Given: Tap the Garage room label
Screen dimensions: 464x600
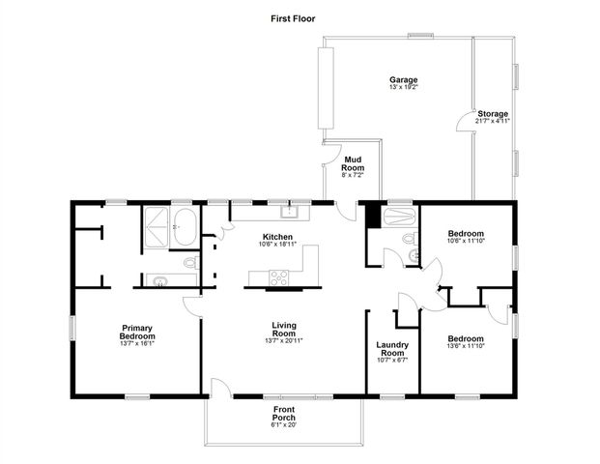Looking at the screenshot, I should [403, 79].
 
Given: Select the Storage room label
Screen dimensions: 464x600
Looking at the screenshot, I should [492, 114].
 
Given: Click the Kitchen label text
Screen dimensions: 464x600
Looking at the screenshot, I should [278, 237].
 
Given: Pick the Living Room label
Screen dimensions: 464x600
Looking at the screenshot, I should [282, 329].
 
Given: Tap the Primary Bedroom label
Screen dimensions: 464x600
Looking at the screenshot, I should [138, 331].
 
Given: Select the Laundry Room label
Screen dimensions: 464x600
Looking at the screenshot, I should [392, 348].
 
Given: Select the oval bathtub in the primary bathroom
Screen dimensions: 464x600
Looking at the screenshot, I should [185, 229].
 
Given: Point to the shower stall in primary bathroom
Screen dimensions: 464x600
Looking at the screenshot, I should [155, 228].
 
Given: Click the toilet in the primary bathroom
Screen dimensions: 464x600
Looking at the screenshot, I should [189, 262].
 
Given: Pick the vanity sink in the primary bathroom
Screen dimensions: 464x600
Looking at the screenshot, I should [160, 280].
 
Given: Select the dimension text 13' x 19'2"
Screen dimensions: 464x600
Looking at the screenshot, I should [403, 88].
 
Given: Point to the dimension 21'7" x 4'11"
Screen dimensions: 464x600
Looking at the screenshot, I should [492, 122].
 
